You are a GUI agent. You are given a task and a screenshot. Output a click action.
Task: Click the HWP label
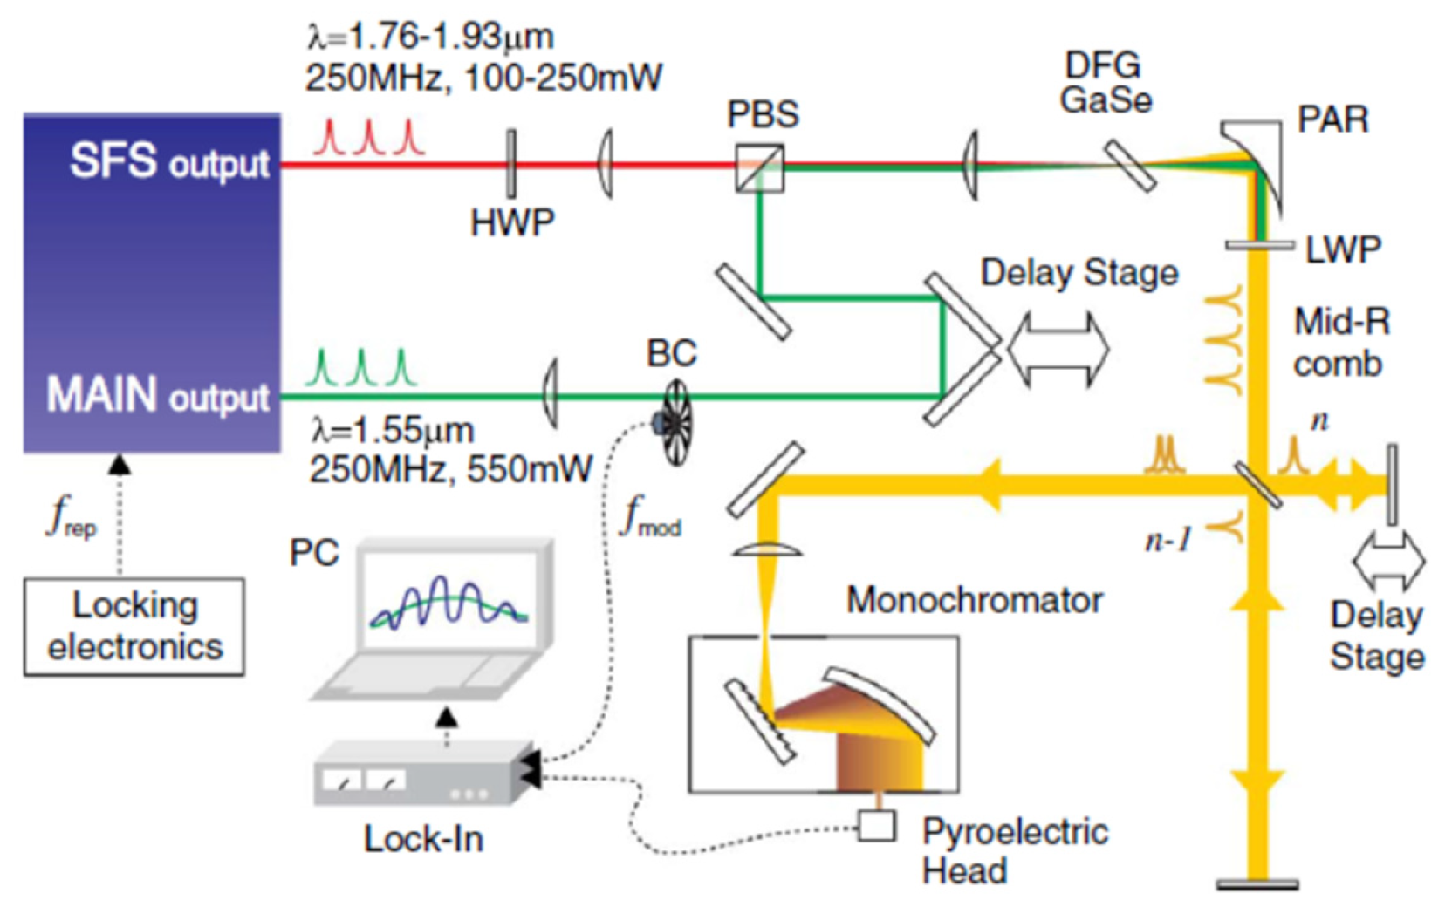pos(512,223)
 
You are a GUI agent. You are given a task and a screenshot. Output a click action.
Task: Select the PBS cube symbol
pos(759,168)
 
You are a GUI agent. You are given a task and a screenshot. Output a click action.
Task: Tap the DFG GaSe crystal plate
pos(1131,166)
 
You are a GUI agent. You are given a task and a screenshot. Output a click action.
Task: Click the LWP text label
pos(1343,250)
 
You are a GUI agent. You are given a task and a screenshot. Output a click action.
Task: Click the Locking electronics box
pos(134,626)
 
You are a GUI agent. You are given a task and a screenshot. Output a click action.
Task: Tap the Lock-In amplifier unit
pos(423,772)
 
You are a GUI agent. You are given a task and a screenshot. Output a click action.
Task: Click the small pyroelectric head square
pos(876,825)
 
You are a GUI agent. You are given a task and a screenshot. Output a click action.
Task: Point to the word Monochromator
pos(974,600)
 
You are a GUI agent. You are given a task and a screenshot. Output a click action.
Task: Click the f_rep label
pos(72,516)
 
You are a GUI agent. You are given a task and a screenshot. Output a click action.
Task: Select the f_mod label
pos(650,516)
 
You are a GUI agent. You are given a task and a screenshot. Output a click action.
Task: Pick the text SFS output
pos(169,161)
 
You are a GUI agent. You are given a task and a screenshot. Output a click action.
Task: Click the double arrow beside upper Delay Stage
pos(1058,349)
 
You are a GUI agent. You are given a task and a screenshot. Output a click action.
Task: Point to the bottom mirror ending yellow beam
pos(1257,885)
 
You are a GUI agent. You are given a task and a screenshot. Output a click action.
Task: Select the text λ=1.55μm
pos(393,430)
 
